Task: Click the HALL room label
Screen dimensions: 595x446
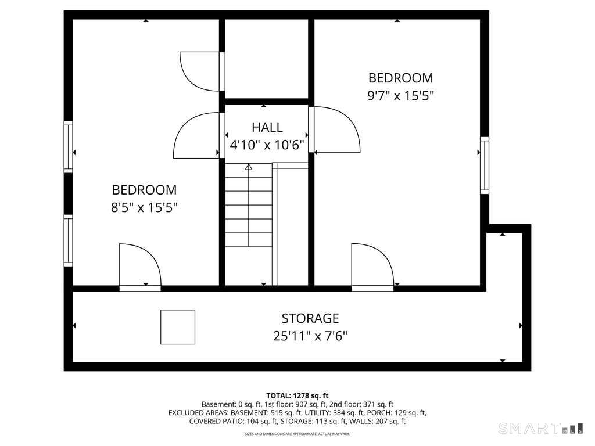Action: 267,127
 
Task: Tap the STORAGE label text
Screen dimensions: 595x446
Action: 310,318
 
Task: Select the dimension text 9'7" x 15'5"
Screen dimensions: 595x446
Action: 400,96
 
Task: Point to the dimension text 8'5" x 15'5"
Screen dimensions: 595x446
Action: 144,207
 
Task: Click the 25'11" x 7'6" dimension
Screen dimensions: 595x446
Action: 310,336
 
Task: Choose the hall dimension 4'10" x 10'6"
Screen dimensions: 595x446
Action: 267,145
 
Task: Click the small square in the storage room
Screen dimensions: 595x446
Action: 178,327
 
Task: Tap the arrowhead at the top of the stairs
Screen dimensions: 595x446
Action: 249,167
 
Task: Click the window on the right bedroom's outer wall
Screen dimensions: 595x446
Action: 485,166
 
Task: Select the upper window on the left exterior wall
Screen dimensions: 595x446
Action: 68,147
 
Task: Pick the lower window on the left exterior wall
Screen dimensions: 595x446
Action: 68,240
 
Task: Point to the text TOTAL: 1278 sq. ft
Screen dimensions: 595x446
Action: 297,396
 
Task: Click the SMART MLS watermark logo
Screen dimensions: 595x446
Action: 541,429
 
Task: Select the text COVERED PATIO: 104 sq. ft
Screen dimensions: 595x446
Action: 231,421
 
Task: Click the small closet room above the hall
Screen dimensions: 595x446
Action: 266,59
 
